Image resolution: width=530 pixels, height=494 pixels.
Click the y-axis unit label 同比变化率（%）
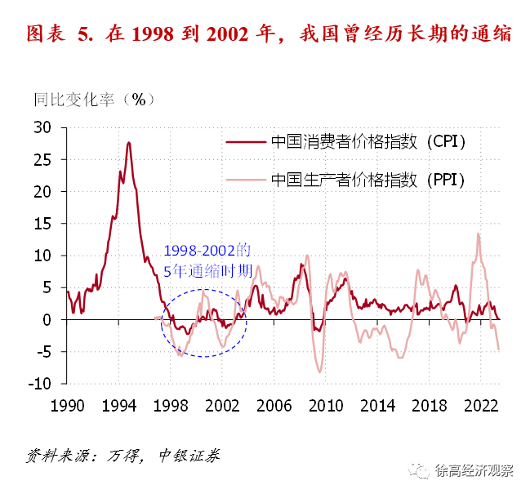pos(94,100)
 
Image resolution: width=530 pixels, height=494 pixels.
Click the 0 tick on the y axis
pos(47,320)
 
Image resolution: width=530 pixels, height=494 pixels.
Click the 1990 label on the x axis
pos(67,405)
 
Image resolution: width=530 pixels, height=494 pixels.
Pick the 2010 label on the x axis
pos(326,405)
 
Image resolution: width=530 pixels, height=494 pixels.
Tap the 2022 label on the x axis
pos(481,405)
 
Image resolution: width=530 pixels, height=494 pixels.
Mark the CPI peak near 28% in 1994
pos(128,143)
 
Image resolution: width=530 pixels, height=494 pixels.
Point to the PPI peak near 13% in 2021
pos(478,234)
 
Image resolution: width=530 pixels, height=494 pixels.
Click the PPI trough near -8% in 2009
pos(320,372)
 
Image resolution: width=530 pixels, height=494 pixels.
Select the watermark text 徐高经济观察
pos(474,471)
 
